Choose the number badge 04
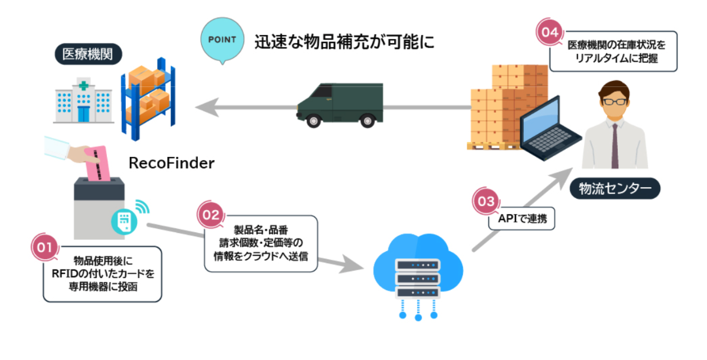[x=549, y=31]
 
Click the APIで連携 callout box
[x=522, y=219]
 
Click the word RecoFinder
[x=172, y=163]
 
